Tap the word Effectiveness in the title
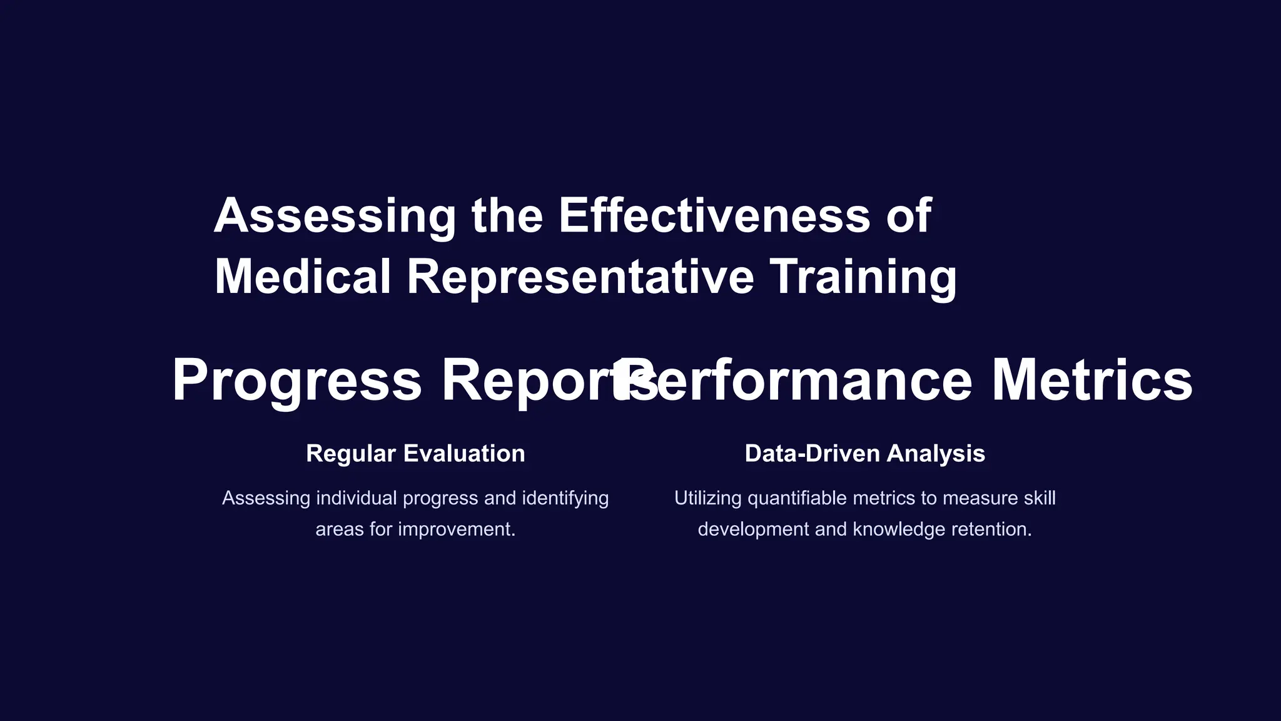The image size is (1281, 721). [x=714, y=216]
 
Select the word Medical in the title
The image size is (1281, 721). [x=303, y=277]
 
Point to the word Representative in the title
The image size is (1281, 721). [x=580, y=277]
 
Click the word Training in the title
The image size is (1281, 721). [x=863, y=277]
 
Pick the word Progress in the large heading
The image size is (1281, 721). [x=297, y=381]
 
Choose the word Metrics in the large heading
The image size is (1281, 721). [x=1092, y=381]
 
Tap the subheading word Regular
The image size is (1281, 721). [x=351, y=454]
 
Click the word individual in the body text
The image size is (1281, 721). [x=357, y=498]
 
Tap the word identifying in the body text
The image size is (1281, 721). [x=565, y=498]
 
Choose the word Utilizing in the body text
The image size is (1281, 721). [x=708, y=498]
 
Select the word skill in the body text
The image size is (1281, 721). [x=1040, y=498]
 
